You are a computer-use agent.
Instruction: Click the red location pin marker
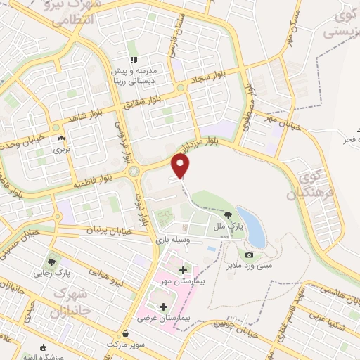pos(181,166)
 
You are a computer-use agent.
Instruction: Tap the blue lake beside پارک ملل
pos(251,226)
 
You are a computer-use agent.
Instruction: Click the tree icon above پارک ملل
pos(227,216)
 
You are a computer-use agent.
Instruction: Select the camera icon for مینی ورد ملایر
pos(249,255)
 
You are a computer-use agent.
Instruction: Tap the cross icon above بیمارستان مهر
pos(184,270)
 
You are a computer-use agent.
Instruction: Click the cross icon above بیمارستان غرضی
pos(164,307)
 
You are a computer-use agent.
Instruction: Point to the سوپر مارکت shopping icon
pos(125,334)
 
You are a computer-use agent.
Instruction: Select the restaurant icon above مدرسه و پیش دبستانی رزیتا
pos(134,60)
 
